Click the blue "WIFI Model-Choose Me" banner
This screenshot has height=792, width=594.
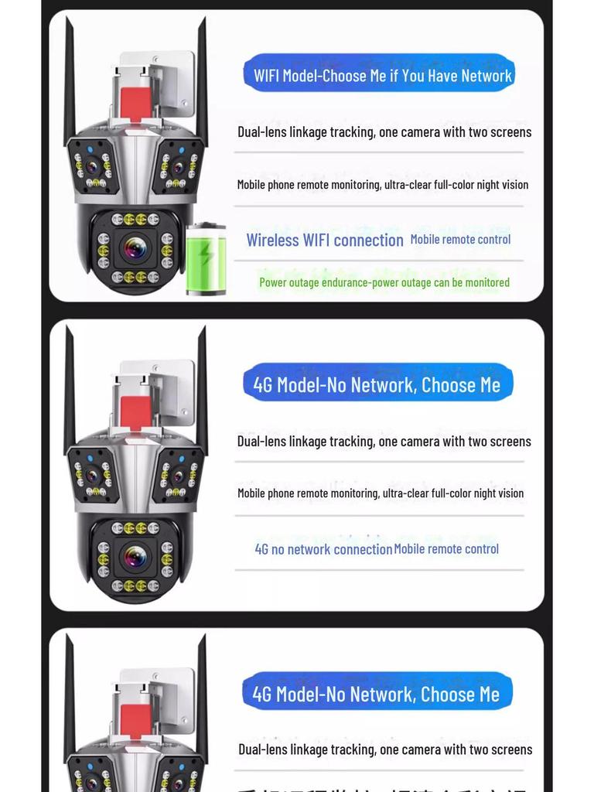pos(379,75)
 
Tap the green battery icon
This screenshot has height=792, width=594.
pos(206,259)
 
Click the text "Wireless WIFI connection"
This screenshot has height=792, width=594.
pos(325,241)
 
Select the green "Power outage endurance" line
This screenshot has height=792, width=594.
pos(384,282)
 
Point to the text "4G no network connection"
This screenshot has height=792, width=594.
pos(323,549)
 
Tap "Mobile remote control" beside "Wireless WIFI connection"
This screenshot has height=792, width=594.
pos(460,240)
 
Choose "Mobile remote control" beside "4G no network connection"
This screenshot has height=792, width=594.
pos(446,549)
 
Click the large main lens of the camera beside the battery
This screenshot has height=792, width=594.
pos(135,248)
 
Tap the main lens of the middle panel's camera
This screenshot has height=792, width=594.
pos(135,557)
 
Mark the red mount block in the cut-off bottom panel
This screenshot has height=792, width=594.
pos(135,719)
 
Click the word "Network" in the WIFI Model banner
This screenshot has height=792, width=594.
pos(486,76)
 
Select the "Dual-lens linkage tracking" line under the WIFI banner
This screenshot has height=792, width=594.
pos(384,132)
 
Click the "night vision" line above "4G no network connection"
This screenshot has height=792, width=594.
pos(380,493)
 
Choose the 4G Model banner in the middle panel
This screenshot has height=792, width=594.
pos(377,384)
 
